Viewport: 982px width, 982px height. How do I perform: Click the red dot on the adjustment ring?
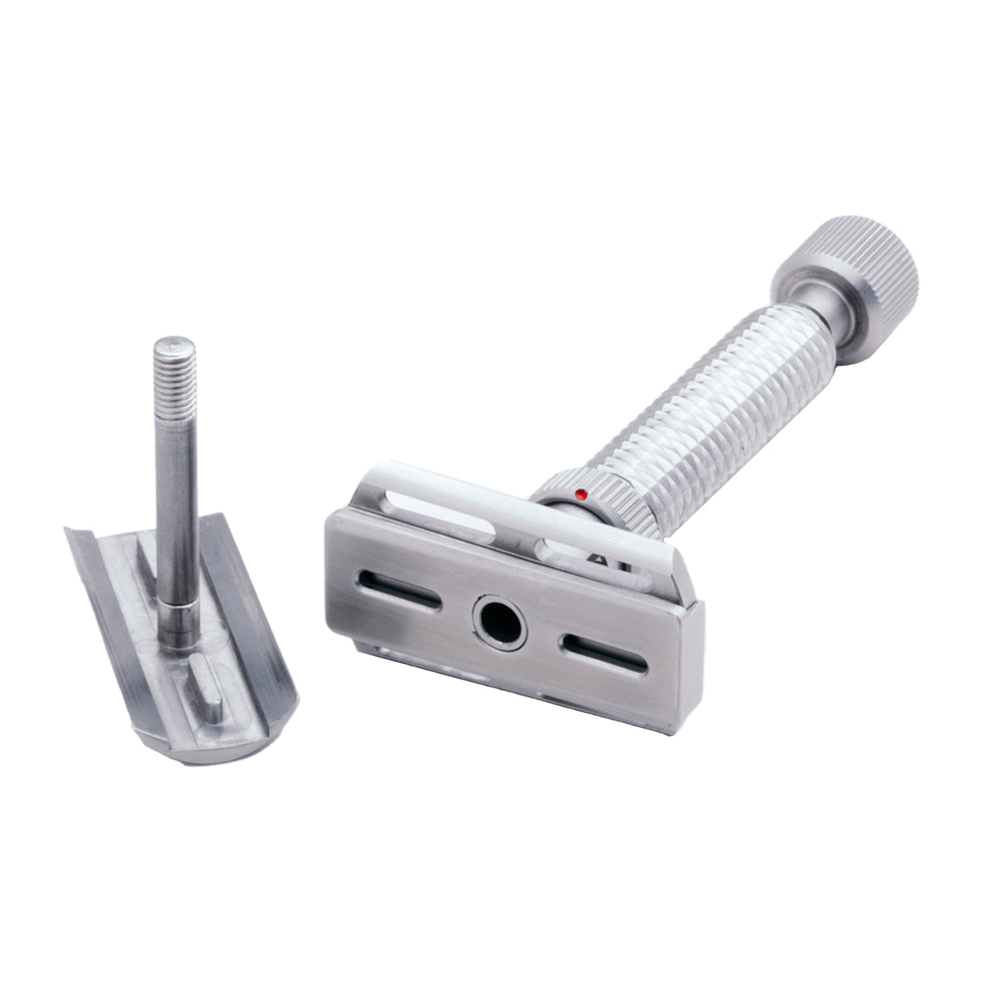(x=579, y=493)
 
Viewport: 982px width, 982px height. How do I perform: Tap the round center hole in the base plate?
(x=496, y=620)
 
